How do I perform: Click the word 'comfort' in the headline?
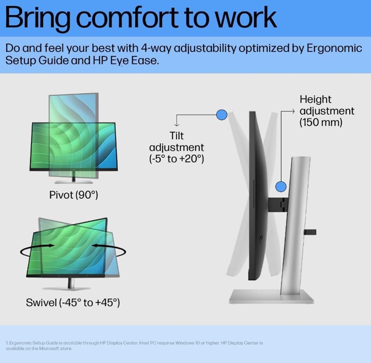coord(128,18)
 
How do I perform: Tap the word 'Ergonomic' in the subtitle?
coord(335,48)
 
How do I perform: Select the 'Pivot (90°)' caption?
coord(74,195)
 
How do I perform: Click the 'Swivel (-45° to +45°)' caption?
coord(73,302)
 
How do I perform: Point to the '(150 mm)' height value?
coord(321,122)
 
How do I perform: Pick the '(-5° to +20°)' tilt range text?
coord(176,158)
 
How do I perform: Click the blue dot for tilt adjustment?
coord(222,115)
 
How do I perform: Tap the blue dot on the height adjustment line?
coord(281,187)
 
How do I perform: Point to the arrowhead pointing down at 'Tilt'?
coord(176,125)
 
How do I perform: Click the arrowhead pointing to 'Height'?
coord(293,111)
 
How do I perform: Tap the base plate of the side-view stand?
coord(271,297)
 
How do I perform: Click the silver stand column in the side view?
coord(296,225)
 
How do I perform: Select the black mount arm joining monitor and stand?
coord(278,205)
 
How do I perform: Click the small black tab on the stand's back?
coord(310,232)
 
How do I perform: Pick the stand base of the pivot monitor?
coord(74,182)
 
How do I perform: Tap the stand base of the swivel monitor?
coord(66,288)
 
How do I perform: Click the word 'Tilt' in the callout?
coord(176,136)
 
